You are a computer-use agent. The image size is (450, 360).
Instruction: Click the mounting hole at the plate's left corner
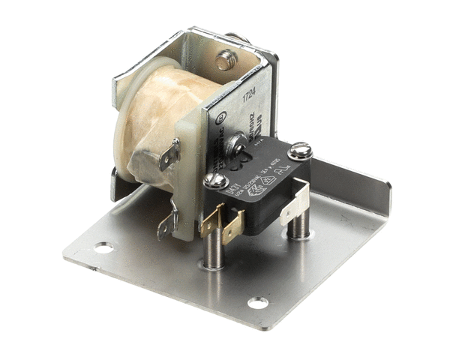(x=103, y=247)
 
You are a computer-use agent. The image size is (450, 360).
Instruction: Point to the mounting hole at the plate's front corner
(x=257, y=303)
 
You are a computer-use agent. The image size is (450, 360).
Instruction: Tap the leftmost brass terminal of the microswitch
(x=211, y=220)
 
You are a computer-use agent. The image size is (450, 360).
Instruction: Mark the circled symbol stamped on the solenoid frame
(x=220, y=118)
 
